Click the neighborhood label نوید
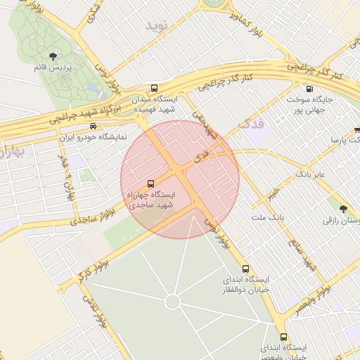pos(159,25)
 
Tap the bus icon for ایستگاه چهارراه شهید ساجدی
pos(150,183)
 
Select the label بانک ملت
pos(270,217)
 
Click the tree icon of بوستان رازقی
pos(343,209)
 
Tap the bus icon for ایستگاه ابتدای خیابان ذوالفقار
pos(245,268)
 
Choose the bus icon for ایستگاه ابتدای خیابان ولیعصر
pos(283,337)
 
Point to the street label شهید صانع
pos(300,252)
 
